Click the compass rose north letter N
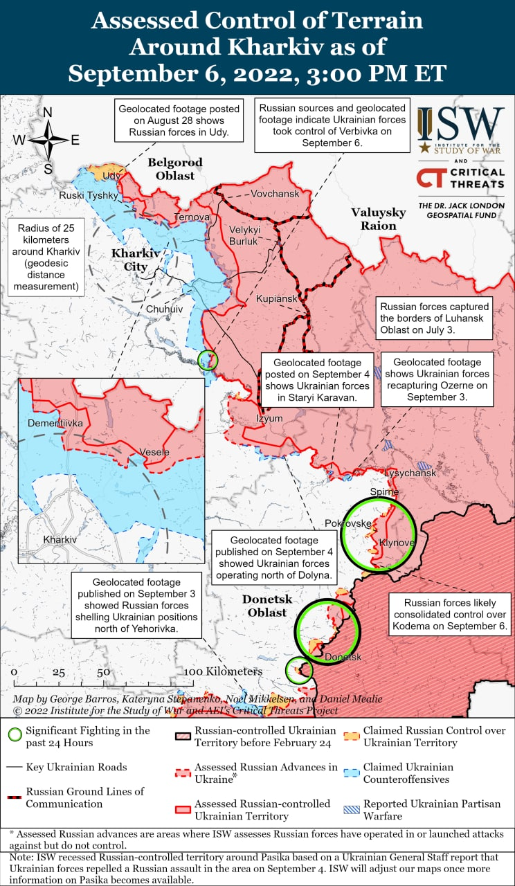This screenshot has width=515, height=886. pos(48,113)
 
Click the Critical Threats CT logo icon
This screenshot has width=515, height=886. pos(431,179)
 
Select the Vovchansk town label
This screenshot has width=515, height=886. pos(275,194)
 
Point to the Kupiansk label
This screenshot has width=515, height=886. pos(276,298)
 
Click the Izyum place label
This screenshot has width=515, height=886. pos(269,419)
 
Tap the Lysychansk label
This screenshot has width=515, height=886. pos(410,473)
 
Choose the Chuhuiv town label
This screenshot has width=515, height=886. pos(164,309)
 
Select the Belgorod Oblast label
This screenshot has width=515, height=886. pos(175,170)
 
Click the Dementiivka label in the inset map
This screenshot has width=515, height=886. pos(55,422)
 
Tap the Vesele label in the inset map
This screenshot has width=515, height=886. pos(154,453)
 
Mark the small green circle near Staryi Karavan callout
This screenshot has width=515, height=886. pos(208,360)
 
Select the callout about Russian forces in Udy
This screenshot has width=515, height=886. pos(179,120)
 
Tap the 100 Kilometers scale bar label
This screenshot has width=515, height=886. pos(223,671)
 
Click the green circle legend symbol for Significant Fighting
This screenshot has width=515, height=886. pos(14,736)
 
